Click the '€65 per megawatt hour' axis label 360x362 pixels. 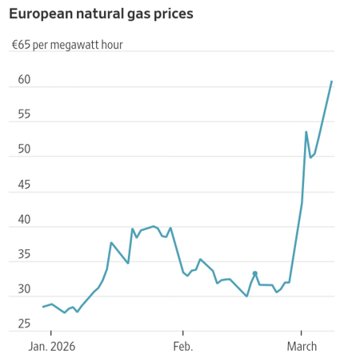point(67,45)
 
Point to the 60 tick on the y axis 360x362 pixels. point(24,80)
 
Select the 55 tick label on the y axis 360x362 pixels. point(24,115)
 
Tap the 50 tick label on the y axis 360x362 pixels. point(24,150)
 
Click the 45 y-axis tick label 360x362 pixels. point(24,185)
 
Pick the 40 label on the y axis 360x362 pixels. point(24,220)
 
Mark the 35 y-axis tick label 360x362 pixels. point(24,255)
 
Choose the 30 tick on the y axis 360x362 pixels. point(24,289)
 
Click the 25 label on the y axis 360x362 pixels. point(24,324)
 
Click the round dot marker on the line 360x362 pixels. point(255,273)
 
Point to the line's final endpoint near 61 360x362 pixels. point(332,82)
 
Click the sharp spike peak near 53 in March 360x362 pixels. point(306,132)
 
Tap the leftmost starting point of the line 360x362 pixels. point(42,307)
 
